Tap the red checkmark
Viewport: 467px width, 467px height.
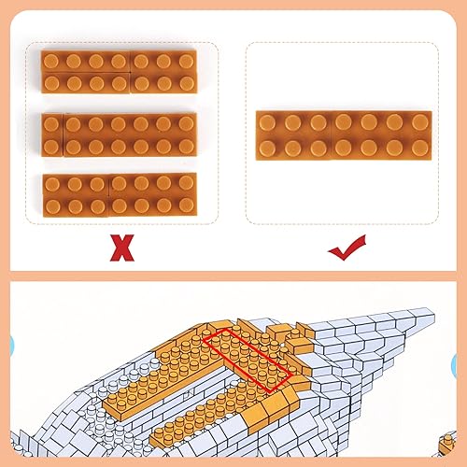point(347,247)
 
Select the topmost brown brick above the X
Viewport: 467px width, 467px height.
point(120,71)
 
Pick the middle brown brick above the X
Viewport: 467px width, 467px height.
point(120,134)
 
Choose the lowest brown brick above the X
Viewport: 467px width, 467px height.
point(120,193)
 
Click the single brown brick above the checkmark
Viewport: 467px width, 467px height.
point(344,134)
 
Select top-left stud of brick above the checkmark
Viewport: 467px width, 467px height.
point(268,122)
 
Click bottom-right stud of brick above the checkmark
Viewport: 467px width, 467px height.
point(418,147)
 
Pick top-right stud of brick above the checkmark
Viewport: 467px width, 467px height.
point(418,122)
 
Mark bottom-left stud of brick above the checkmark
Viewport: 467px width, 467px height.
point(269,147)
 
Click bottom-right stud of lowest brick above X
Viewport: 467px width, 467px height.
point(185,205)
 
